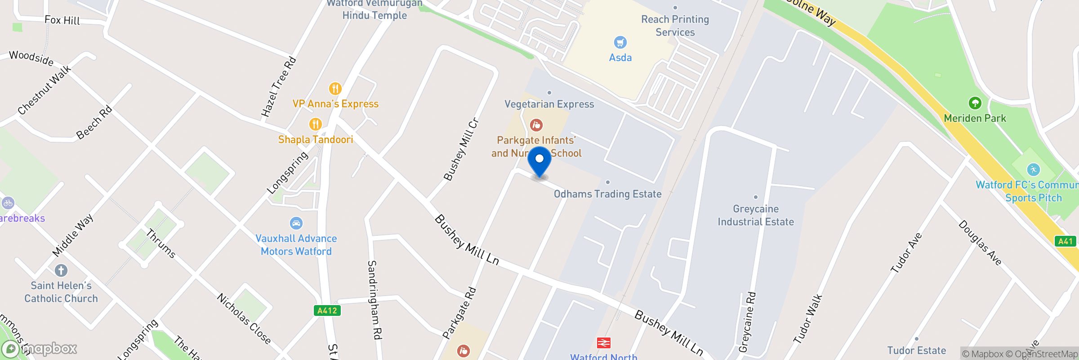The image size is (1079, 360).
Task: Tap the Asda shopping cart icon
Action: [620, 43]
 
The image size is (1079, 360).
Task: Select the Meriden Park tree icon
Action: [975, 103]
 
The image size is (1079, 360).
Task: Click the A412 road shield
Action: [327, 310]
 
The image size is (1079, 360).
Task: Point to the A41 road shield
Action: [1065, 241]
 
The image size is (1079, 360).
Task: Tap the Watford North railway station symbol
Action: [603, 343]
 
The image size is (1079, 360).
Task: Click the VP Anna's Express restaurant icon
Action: [335, 88]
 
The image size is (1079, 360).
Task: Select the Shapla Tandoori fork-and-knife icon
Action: [315, 124]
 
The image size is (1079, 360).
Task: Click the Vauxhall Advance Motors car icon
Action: [296, 223]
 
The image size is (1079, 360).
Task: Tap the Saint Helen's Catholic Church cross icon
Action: [61, 270]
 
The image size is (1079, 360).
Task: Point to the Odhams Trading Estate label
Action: [607, 194]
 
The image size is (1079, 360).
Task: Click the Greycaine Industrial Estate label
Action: [756, 215]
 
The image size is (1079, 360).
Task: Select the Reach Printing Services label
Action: [675, 26]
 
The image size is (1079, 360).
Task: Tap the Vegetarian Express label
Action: [549, 104]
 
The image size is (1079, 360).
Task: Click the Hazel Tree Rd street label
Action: [279, 87]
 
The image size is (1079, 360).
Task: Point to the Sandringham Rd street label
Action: [375, 300]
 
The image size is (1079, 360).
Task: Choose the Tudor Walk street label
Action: [808, 319]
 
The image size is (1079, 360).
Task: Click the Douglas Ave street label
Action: [980, 243]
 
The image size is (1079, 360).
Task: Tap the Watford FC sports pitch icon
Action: [1033, 170]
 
